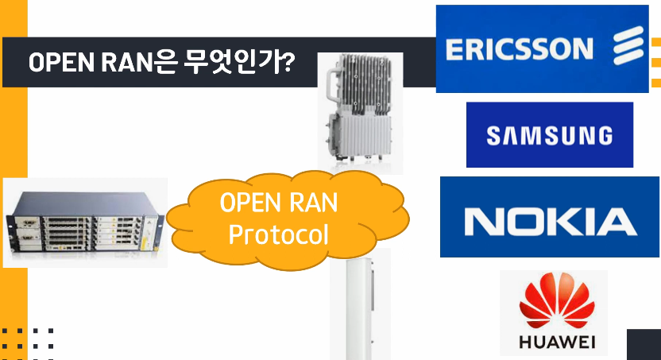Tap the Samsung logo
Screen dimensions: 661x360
click(549, 135)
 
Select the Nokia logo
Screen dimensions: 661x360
click(550, 218)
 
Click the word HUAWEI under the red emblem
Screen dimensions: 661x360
click(553, 343)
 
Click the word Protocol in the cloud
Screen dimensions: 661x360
click(278, 234)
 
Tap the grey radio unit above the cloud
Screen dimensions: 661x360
click(360, 111)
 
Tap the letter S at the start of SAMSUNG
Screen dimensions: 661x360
click(493, 136)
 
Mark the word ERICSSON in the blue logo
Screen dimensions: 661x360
click(520, 49)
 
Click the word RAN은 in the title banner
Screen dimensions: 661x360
click(130, 63)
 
